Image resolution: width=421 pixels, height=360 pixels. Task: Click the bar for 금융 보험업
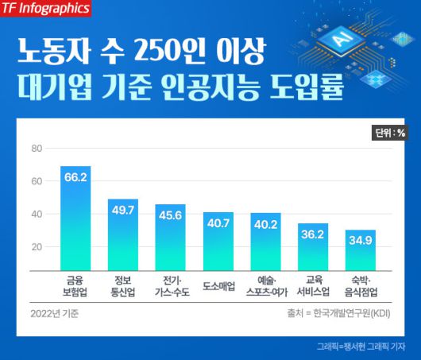point(75,223)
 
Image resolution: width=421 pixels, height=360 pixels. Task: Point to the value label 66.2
point(75,177)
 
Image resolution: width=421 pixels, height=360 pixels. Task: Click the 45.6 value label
point(170,215)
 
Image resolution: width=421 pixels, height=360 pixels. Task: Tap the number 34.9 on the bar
point(360,239)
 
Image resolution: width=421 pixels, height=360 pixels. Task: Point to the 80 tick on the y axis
point(36,149)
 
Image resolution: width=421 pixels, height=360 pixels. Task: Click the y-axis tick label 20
point(36,246)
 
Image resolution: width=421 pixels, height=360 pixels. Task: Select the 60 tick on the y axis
point(36,181)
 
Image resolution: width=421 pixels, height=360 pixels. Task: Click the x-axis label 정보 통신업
point(123,285)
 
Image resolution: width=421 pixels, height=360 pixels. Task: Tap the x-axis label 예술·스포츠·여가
point(265,285)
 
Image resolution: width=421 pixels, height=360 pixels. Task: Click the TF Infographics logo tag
point(45,10)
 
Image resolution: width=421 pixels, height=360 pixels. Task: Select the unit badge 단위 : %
point(389,133)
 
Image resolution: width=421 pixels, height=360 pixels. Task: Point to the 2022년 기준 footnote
point(55,312)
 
